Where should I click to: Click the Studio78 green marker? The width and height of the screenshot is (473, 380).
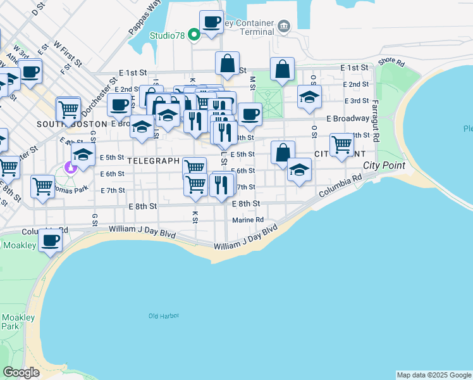(197, 35)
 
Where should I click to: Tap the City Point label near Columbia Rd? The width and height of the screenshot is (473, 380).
(384, 166)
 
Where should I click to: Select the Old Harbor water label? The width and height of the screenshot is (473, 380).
(164, 315)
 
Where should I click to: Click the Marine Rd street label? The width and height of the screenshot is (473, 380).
(247, 220)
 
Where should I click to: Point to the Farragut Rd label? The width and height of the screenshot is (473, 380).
(375, 120)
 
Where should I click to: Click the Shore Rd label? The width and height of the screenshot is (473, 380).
(391, 62)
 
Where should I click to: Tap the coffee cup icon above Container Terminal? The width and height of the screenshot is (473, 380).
(211, 21)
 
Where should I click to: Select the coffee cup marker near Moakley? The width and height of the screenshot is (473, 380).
(50, 241)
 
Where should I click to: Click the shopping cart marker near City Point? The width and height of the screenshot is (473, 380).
(341, 144)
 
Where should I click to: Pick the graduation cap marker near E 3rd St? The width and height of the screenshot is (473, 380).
(309, 97)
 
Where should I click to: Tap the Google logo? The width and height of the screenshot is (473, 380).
(21, 372)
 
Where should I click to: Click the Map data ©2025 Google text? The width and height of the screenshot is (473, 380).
(433, 375)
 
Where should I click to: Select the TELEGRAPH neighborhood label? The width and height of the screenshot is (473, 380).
(154, 161)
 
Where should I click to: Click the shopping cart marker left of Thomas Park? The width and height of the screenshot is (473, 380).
(42, 186)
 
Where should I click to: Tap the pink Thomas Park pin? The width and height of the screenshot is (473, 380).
(71, 168)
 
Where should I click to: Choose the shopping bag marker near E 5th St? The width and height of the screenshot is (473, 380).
(283, 152)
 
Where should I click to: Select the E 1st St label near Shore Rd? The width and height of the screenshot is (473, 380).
(354, 67)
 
